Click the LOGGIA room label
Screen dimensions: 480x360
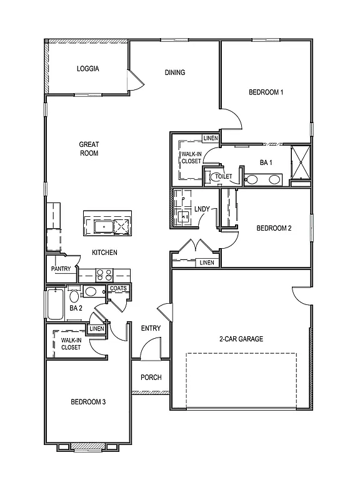point(88,69)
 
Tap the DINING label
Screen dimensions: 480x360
point(175,72)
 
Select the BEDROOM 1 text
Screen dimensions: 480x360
point(266,92)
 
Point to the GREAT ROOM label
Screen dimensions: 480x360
point(89,149)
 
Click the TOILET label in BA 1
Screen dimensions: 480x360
point(223,177)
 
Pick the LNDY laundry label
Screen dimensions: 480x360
point(202,209)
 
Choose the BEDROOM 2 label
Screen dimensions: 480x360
point(274,228)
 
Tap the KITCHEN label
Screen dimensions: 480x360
point(105,252)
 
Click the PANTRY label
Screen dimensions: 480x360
point(61,269)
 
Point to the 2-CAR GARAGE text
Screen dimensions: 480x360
point(241,339)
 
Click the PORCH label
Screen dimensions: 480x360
point(151,377)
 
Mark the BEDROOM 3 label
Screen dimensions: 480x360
point(87,401)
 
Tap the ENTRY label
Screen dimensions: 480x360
point(151,329)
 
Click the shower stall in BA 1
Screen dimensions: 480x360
point(301,162)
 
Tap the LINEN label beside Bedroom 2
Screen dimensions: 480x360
point(206,262)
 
